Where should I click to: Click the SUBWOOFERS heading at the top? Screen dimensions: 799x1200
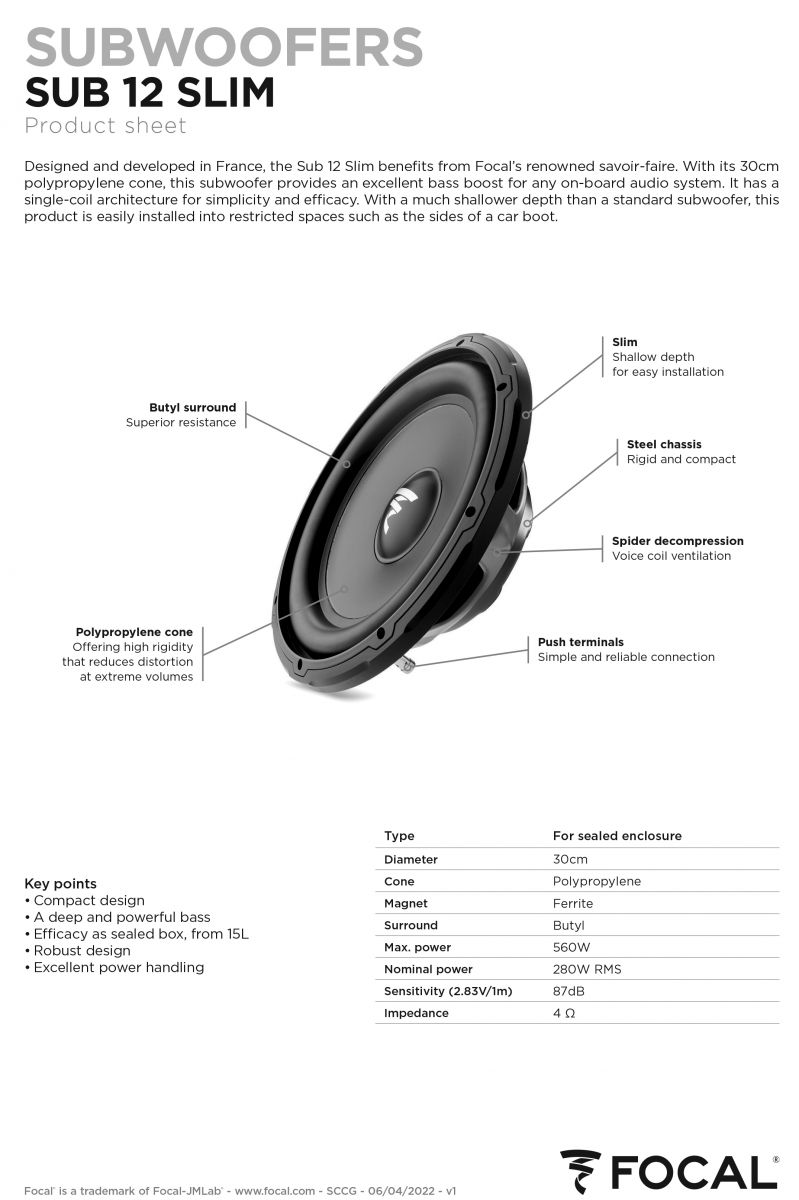pos(224,47)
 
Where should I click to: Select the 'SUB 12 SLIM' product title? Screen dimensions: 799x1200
pos(150,92)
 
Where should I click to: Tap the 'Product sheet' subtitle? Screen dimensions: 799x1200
pos(106,126)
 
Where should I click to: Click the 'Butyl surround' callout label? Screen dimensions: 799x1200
pos(192,407)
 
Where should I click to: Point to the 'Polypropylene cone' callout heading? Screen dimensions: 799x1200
pos(134,632)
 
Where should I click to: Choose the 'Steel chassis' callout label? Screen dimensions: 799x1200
pos(664,444)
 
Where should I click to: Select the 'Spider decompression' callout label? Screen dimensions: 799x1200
pos(678,541)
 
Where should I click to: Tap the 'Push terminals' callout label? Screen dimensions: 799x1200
pos(581,642)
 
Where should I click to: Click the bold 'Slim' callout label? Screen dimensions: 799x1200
pos(625,342)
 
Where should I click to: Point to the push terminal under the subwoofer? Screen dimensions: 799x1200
pos(406,665)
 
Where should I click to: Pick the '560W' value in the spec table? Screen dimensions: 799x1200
pos(571,947)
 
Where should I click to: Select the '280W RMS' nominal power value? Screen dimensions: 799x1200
pos(587,969)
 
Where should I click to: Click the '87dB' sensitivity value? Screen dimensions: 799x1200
pos(569,991)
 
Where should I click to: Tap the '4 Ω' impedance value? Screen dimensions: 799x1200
pos(564,1013)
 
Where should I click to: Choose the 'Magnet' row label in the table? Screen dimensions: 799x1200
pos(406,903)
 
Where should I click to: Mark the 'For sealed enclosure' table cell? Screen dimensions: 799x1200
pos(617,836)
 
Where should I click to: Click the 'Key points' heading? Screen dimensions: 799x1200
pos(61,883)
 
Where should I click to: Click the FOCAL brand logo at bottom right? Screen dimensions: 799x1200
pos(669,1172)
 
